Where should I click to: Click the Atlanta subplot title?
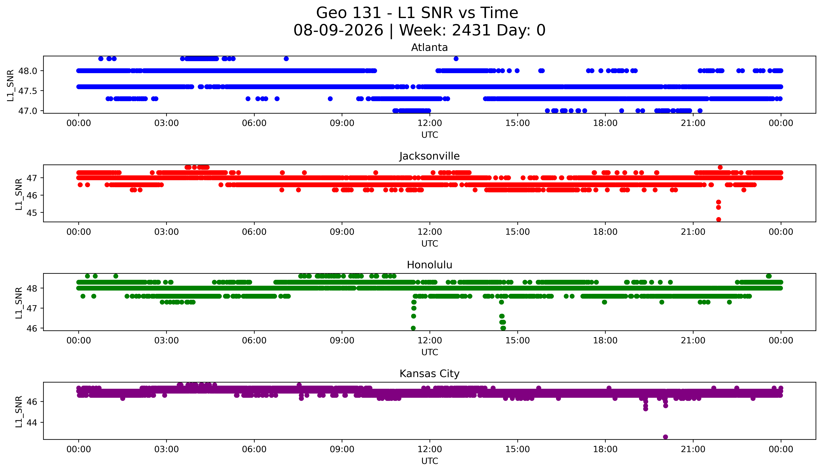[x=430, y=48]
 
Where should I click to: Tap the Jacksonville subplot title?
[x=430, y=156]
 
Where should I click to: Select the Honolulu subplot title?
[x=430, y=265]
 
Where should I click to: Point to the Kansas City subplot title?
[x=430, y=374]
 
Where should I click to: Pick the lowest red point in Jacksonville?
[x=719, y=219]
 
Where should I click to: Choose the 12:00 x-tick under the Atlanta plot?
[x=430, y=123]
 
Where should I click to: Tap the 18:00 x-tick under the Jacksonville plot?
[x=605, y=232]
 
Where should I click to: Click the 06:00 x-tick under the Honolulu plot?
[x=254, y=340]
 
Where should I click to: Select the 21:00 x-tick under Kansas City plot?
[x=693, y=449]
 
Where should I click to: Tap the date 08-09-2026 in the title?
[x=338, y=31]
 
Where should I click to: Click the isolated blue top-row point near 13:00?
[x=456, y=59]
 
